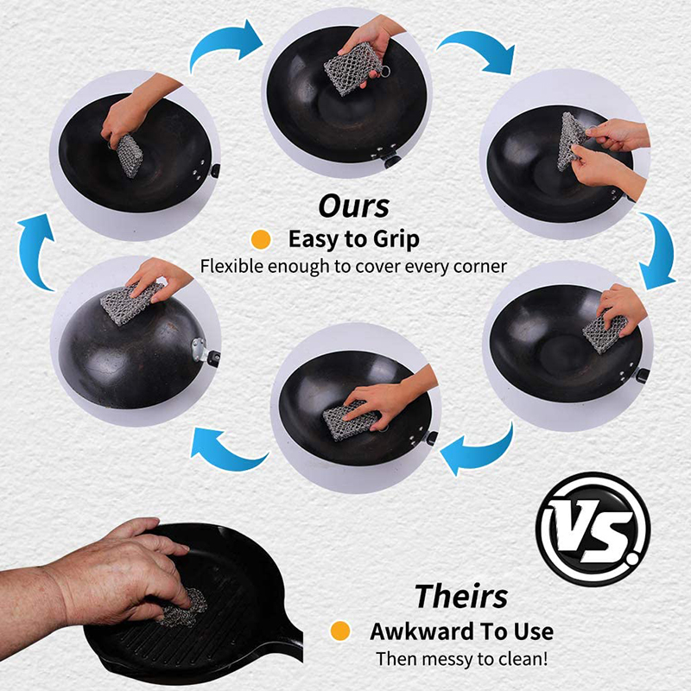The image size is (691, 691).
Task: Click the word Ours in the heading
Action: pos(354,206)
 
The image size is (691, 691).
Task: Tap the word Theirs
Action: pos(461,596)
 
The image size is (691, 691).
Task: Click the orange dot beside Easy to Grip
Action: pos(261,240)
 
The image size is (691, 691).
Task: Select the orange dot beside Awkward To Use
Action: pos(340,631)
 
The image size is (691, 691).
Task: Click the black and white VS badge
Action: pos(593,529)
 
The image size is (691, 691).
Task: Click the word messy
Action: pos(444,660)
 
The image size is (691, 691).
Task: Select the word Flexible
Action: pos(232,266)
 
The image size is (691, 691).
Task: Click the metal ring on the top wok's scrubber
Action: pos(384,71)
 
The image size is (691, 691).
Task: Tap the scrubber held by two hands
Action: pos(572,141)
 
